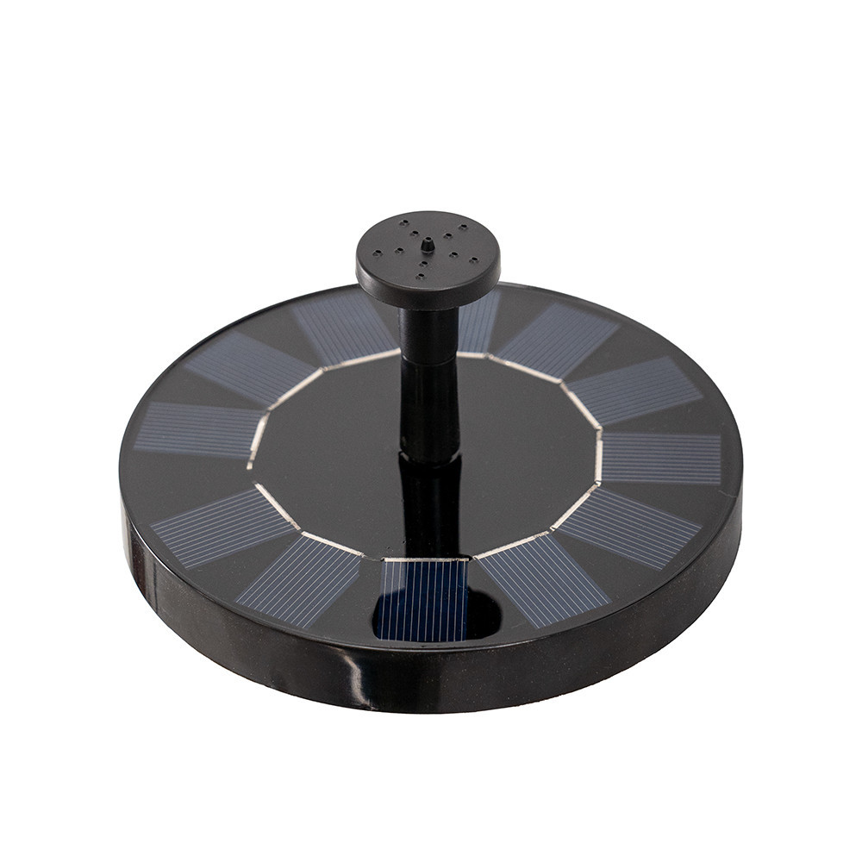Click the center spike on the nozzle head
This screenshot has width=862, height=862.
(x=427, y=245)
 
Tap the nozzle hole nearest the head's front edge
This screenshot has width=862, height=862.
(x=420, y=276)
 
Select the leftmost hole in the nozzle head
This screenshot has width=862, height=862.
(x=377, y=255)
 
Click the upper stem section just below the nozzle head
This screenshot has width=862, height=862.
(x=428, y=332)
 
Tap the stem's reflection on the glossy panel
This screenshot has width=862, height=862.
(x=428, y=500)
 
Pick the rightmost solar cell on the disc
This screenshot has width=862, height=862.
(x=662, y=458)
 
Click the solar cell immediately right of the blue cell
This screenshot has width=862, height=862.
(x=543, y=579)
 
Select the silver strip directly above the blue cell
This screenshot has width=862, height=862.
(x=426, y=559)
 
